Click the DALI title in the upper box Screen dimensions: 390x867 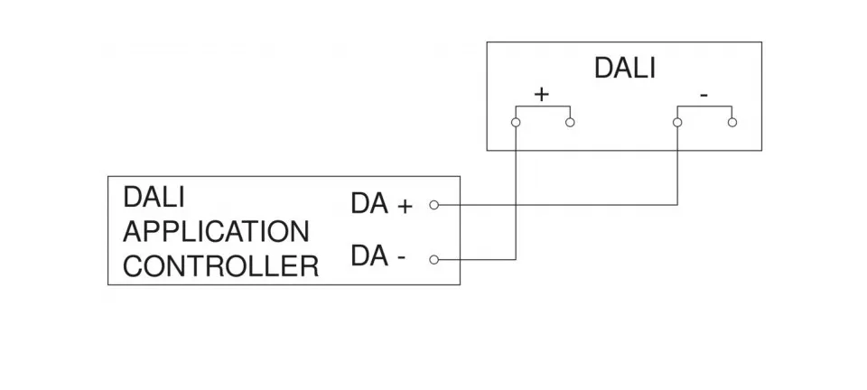point(624,69)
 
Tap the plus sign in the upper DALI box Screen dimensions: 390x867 point(542,94)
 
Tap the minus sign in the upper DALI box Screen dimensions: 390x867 point(704,94)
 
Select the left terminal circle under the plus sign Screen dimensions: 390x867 point(515,122)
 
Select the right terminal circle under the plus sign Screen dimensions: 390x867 point(570,122)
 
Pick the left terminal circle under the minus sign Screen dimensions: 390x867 point(677,122)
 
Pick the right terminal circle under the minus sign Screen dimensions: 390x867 point(732,122)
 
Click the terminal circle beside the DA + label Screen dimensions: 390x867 point(433,205)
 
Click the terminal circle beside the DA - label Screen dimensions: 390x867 point(433,260)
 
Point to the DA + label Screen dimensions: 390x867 point(381,205)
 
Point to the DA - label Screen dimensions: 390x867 point(378,258)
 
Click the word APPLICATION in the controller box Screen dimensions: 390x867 point(216,232)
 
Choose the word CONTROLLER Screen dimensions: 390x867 point(220,267)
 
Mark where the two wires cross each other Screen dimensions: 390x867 point(515,205)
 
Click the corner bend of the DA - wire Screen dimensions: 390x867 point(515,260)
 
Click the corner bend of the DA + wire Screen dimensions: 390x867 point(677,205)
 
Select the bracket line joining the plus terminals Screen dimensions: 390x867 point(542,107)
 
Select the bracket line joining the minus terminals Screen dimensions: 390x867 point(704,107)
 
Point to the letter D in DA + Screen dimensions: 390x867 point(359,205)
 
